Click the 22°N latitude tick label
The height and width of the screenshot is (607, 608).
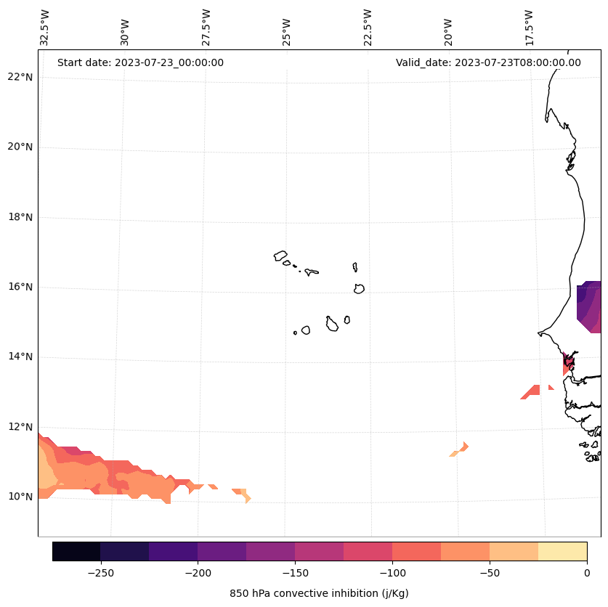coord(19,77)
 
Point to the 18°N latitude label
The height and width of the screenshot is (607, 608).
coord(19,217)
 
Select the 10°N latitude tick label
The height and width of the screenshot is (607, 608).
coord(19,497)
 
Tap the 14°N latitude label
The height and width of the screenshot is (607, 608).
coord(19,357)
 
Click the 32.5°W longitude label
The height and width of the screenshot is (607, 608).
coord(45,28)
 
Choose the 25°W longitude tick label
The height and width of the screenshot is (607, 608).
coord(287,28)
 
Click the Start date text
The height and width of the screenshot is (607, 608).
coord(140,62)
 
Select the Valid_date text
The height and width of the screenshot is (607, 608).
coord(488,62)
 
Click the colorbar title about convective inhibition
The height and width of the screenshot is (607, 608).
coord(319,593)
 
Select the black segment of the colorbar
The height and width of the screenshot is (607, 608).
coord(76,552)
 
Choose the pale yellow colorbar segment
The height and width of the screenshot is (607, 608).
coord(563,552)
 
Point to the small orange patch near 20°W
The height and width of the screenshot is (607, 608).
coord(460,449)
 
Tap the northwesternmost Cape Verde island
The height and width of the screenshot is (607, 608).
coord(280,256)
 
